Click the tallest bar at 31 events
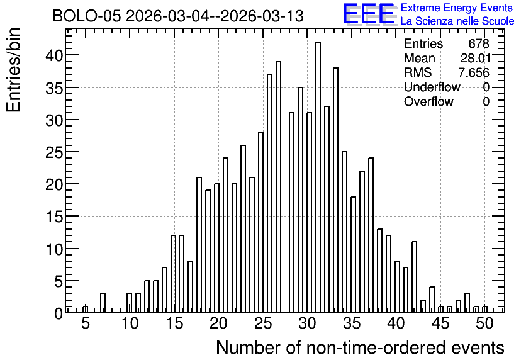coord(318,177)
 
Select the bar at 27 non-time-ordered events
coord(279,187)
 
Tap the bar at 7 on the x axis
coord(103,303)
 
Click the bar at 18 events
coord(199,245)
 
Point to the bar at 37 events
coord(371,235)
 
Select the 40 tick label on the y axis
coord(54,55)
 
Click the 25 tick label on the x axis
coord(263,323)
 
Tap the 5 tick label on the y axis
coord(59,282)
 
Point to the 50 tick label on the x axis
coord(484,323)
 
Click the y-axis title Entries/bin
coord(14,70)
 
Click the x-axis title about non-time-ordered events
coord(360,348)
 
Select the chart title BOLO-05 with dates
coord(178,16)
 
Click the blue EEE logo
coord(369,14)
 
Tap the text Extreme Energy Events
coord(457,8)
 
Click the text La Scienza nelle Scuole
coord(457,21)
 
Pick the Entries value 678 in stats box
coord(479,43)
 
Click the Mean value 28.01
coord(476,58)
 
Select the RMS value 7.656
coord(474,72)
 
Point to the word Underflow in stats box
coord(432,87)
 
